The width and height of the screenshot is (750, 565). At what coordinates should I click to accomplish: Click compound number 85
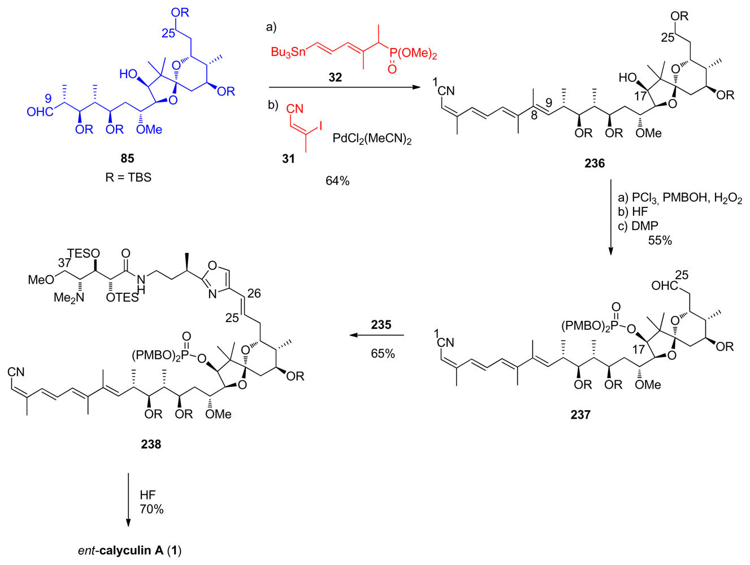[127, 158]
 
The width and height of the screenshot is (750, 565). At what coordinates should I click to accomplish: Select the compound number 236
[595, 164]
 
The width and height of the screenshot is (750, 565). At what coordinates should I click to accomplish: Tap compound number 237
[580, 415]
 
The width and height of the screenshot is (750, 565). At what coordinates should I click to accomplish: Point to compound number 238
[151, 445]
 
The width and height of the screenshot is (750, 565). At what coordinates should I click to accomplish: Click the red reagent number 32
[335, 77]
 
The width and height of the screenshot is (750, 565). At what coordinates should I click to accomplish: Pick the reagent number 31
[288, 159]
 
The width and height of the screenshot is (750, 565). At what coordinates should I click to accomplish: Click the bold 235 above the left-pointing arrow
[381, 325]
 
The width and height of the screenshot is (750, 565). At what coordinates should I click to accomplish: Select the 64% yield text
[337, 181]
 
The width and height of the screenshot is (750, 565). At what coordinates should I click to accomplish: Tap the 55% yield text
[660, 240]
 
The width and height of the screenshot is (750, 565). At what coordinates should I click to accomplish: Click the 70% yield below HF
[151, 510]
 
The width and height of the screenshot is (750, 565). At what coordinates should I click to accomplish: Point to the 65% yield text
[383, 354]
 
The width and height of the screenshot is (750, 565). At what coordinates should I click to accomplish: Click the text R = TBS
[128, 177]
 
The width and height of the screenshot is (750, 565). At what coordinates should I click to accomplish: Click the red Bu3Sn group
[288, 53]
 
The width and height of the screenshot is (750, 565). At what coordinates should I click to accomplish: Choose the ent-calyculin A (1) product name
[130, 550]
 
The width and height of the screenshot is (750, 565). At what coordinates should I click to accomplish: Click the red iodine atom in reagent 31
[320, 125]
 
